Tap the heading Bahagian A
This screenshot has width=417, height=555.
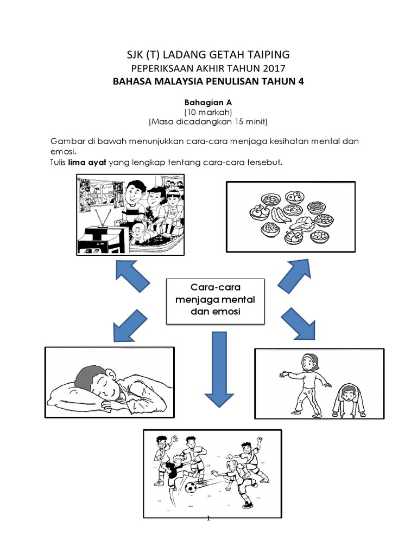click(208, 101)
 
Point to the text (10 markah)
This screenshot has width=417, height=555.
click(208, 111)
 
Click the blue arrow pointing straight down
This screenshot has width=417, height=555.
click(219, 369)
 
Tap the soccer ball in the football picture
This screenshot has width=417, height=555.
click(190, 488)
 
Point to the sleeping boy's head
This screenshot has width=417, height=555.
click(92, 380)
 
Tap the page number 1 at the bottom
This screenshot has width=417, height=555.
click(208, 518)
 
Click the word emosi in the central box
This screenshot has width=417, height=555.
click(227, 313)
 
